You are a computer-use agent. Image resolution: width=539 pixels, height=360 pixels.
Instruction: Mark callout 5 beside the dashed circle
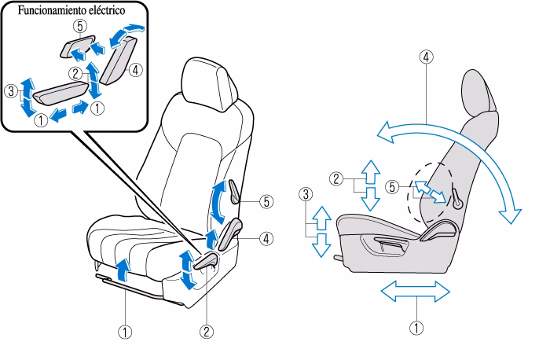click(392, 187)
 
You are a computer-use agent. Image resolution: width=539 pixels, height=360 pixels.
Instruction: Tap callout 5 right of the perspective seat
click(268, 201)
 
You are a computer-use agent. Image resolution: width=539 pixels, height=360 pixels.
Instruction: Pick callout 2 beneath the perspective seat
click(207, 332)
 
